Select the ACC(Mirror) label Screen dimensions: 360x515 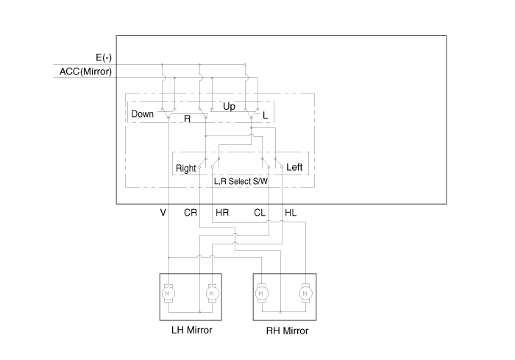coord(85,71)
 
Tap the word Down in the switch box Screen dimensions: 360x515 coord(143,114)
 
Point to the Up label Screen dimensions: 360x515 coord(229,107)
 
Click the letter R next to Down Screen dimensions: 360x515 coord(187,117)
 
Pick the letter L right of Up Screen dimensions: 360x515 coord(265,116)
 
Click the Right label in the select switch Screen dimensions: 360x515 coord(186,168)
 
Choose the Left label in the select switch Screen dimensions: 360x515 coord(294,167)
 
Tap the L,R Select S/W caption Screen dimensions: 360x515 coord(241,180)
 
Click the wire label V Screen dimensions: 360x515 coord(163,213)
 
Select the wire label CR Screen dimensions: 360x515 coord(190,213)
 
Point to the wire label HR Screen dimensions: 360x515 coord(222,213)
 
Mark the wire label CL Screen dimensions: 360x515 coord(260,213)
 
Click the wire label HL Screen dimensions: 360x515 coord(291,213)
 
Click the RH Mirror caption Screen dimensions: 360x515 coord(287,331)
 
